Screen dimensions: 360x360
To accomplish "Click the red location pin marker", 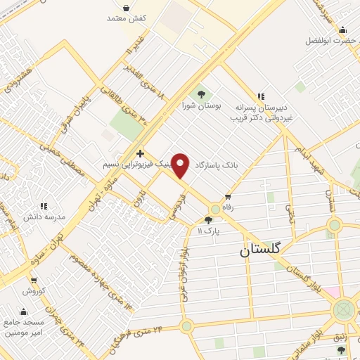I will (181, 165).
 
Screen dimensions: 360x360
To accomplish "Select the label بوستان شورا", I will (202, 105).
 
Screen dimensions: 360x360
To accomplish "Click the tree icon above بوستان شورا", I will (202, 94).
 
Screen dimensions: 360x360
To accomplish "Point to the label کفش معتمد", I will (127, 18).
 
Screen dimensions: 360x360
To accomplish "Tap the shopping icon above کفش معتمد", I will (126, 7).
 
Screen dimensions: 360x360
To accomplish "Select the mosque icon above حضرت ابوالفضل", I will (342, 30).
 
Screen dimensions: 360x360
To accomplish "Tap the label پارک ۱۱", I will (209, 231).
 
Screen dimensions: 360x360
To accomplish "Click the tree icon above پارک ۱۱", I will (208, 220).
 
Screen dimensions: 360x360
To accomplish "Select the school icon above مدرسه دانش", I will (43, 207).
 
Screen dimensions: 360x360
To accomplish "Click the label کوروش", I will (33, 290).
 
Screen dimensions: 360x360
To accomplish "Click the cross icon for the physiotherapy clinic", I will (141, 153).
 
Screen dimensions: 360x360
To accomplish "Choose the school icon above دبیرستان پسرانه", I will (261, 96).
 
